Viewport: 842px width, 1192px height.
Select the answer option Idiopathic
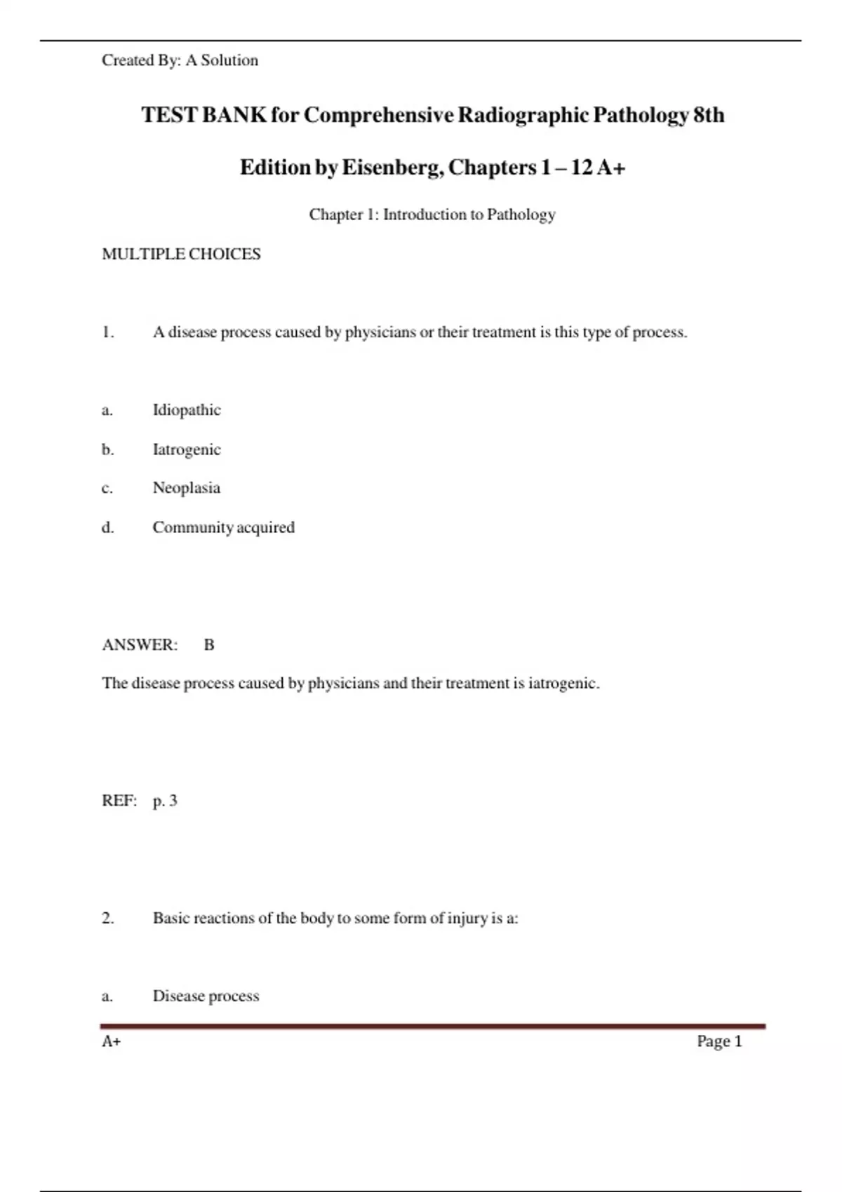click(187, 410)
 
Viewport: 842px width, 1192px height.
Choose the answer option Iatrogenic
click(187, 449)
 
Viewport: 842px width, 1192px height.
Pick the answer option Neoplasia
click(187, 488)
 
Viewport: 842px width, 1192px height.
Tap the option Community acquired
click(224, 527)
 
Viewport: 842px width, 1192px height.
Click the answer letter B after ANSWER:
click(209, 645)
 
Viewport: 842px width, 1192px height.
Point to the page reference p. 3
click(165, 801)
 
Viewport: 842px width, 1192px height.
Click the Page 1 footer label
click(719, 1041)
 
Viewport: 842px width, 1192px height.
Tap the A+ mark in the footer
click(112, 1042)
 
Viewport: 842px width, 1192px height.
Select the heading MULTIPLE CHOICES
click(181, 254)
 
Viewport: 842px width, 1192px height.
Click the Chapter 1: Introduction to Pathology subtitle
click(432, 215)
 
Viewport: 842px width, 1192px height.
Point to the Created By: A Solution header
click(180, 60)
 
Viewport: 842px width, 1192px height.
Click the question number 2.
click(107, 919)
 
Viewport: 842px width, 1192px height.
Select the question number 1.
click(107, 332)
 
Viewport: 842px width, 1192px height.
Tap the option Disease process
click(206, 996)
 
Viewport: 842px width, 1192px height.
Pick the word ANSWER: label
click(140, 645)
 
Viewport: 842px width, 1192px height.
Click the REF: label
click(119, 801)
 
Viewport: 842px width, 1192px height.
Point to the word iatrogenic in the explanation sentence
click(563, 684)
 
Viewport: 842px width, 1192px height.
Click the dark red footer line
click(432, 1027)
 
